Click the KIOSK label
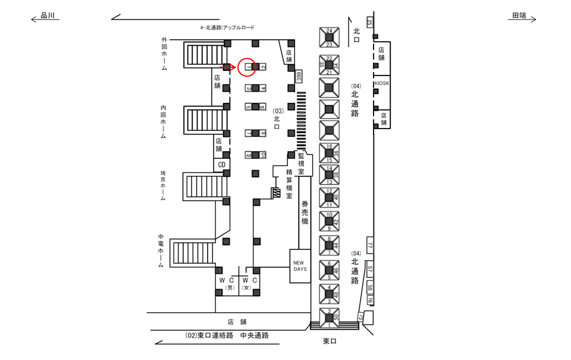click(382, 83)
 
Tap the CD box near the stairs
click(221, 164)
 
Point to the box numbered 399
click(299, 76)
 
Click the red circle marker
click(247, 67)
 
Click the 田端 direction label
click(519, 17)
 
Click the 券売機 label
click(305, 212)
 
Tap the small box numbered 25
click(370, 23)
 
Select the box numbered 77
click(369, 245)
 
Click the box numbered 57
click(370, 269)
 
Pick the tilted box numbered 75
click(360, 318)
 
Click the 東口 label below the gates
click(330, 341)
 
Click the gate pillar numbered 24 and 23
click(329, 37)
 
